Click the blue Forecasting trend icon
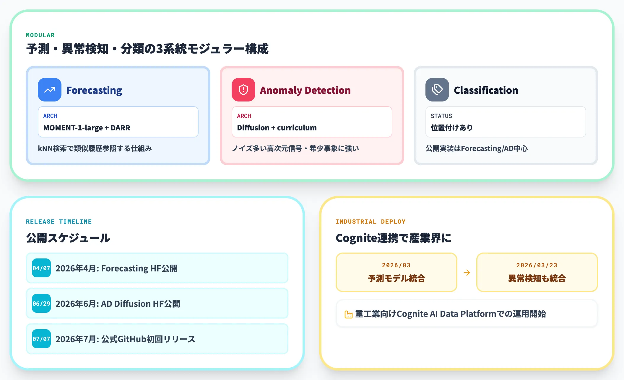[x=50, y=90]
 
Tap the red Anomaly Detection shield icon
[x=243, y=90]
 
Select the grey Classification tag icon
[x=437, y=90]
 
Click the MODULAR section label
[x=40, y=35]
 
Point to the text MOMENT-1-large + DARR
[x=87, y=128]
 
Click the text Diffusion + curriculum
[x=277, y=128]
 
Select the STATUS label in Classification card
[x=441, y=116]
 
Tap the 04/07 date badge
[x=41, y=268]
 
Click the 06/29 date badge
[x=41, y=303]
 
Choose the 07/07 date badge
[x=41, y=339]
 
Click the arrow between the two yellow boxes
[x=467, y=273]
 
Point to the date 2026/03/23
[x=537, y=265]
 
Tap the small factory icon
[x=349, y=315]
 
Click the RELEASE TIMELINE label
[x=59, y=222]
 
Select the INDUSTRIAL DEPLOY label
[x=370, y=222]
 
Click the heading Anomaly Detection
[x=305, y=90]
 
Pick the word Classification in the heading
[x=486, y=90]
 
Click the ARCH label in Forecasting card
[x=50, y=116]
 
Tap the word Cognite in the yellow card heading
[x=357, y=238]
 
